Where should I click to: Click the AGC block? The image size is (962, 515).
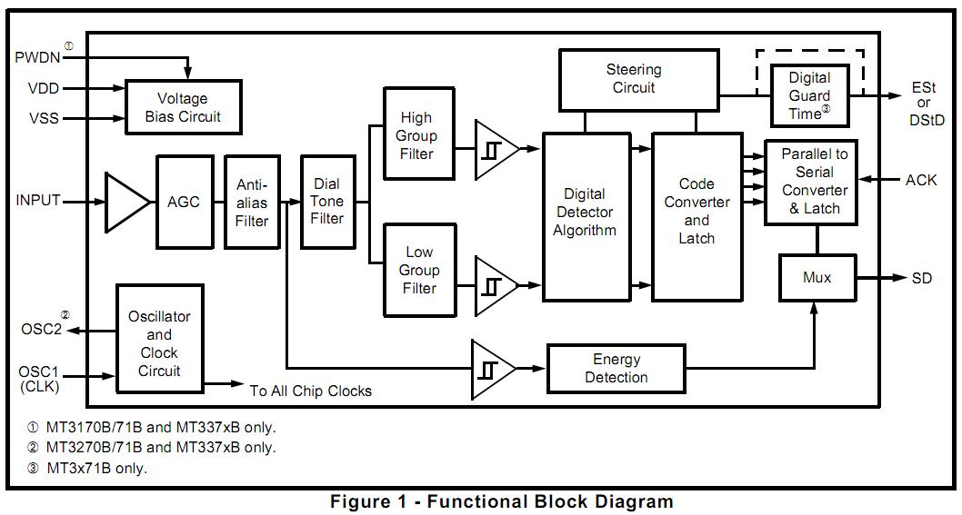click(x=185, y=202)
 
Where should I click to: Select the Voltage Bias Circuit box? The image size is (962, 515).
click(x=183, y=107)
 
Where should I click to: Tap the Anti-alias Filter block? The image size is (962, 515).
click(x=252, y=202)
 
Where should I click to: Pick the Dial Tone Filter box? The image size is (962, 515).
click(x=327, y=202)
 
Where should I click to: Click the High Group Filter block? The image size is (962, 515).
click(x=418, y=135)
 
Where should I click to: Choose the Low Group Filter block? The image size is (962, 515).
click(x=419, y=270)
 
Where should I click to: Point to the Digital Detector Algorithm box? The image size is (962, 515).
click(x=585, y=216)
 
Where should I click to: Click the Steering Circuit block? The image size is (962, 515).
click(x=634, y=79)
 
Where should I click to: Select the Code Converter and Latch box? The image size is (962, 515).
click(x=696, y=216)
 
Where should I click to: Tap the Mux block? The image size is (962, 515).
click(x=817, y=277)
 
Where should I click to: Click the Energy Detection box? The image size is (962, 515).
click(x=616, y=368)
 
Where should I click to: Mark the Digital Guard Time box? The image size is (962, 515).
click(x=809, y=94)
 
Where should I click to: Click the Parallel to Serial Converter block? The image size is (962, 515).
click(x=815, y=182)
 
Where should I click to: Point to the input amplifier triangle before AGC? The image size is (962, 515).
click(x=125, y=201)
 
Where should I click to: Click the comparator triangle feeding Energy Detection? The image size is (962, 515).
click(x=492, y=369)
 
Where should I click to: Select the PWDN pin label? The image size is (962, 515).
click(x=36, y=57)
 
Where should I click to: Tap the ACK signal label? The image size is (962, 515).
click(x=920, y=180)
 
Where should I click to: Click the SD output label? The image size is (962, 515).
click(x=921, y=278)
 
